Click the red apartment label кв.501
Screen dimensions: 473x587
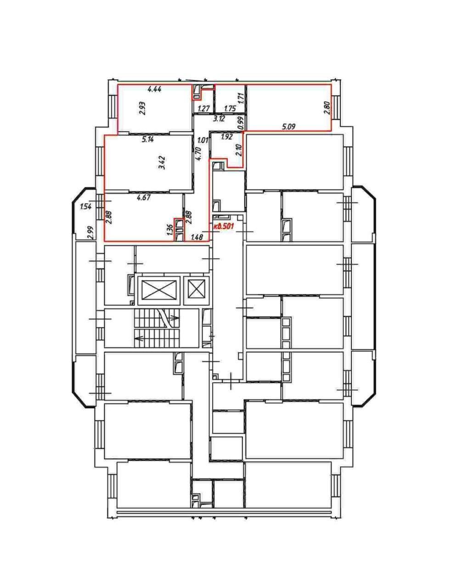coord(224,226)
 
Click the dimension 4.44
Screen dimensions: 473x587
coord(154,89)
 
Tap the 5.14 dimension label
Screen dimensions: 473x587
coord(148,139)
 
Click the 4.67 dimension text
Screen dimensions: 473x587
coord(144,198)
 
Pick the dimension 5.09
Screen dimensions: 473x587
coord(289,127)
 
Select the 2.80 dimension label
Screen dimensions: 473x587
coord(328,108)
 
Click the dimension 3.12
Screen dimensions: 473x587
coord(219,118)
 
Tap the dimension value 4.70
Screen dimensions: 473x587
coord(199,154)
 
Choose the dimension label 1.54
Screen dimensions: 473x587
coord(85,206)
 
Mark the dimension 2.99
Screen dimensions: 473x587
coord(91,233)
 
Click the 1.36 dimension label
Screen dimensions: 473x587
coord(170,231)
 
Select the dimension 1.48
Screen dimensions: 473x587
coord(197,237)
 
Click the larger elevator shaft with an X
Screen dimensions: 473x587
coord(159,290)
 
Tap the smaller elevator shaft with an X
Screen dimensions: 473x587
coord(197,290)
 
